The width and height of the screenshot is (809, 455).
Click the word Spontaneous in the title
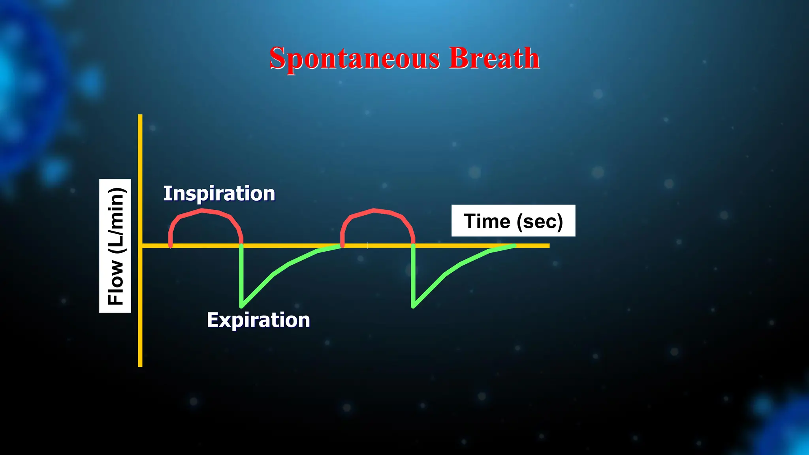pyautogui.click(x=354, y=58)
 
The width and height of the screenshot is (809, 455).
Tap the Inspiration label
pyautogui.click(x=219, y=194)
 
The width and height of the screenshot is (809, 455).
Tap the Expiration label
pyautogui.click(x=258, y=320)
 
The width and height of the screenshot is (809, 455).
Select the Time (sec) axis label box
pyautogui.click(x=513, y=221)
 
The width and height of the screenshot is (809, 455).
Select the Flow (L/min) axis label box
pyautogui.click(x=115, y=246)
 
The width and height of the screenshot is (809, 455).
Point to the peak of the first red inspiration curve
pyautogui.click(x=202, y=210)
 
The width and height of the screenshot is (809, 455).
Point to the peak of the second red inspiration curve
pyautogui.click(x=374, y=210)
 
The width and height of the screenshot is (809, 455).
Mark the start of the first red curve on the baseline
pyautogui.click(x=171, y=246)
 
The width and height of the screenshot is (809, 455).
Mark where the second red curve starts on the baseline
pyautogui.click(x=342, y=246)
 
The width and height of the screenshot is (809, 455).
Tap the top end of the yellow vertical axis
pyautogui.click(x=140, y=116)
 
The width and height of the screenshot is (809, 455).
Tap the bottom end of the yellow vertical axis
pyautogui.click(x=140, y=366)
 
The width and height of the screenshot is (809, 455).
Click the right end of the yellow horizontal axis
pyautogui.click(x=548, y=246)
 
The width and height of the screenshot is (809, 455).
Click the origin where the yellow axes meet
pyautogui.click(x=140, y=246)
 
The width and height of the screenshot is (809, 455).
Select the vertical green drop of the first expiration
pyautogui.click(x=241, y=276)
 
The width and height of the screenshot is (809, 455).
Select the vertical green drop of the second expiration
pyautogui.click(x=413, y=276)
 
